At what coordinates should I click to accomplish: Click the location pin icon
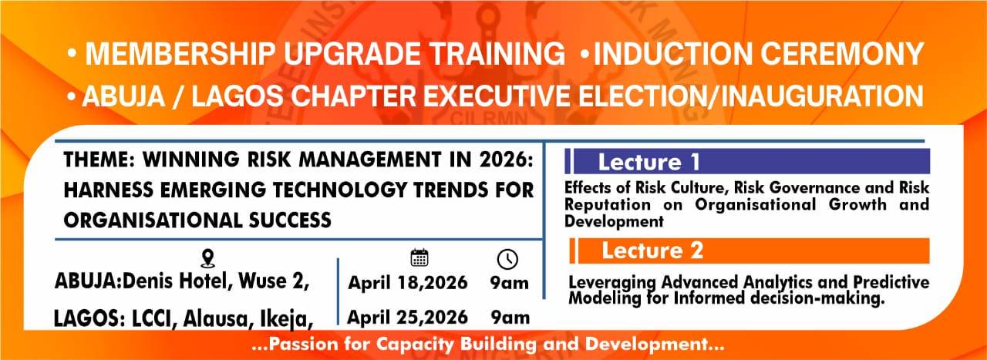click(208, 259)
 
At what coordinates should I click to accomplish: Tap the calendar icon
click(419, 257)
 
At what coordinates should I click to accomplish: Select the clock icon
click(507, 259)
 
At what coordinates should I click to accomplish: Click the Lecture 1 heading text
click(648, 162)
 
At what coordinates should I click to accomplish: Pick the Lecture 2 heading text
click(652, 251)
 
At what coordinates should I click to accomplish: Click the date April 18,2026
click(408, 282)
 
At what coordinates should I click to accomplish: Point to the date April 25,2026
click(407, 318)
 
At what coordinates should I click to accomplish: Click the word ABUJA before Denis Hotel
click(86, 281)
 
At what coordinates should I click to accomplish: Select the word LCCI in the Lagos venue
click(152, 319)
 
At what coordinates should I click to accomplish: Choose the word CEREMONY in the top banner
click(841, 54)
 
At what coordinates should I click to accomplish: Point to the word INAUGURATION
click(822, 96)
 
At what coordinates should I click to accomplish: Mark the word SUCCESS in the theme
click(290, 220)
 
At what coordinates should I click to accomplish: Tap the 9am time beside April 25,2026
click(510, 318)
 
